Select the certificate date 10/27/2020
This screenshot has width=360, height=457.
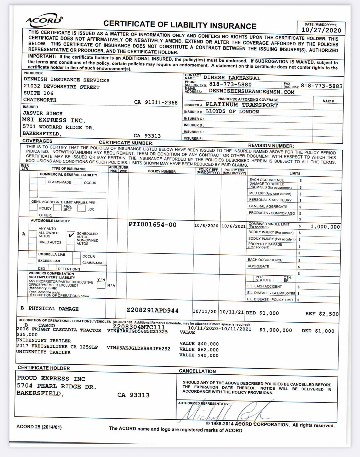(321, 30)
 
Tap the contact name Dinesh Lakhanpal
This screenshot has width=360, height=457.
(232, 78)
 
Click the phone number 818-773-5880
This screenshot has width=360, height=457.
(230, 85)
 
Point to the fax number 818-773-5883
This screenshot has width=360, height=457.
(322, 86)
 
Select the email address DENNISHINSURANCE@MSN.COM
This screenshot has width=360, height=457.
(251, 92)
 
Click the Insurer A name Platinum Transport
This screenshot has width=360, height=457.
(242, 105)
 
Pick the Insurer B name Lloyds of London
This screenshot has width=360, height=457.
(232, 112)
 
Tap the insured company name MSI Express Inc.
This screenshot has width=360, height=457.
(54, 120)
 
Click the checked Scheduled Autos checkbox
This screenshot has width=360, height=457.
(71, 235)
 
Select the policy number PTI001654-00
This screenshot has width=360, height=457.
(152, 225)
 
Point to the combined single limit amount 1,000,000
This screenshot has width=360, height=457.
(325, 227)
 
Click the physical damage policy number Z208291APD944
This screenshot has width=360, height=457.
(153, 311)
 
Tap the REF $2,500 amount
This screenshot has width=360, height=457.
(322, 314)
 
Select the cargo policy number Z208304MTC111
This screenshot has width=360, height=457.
(139, 327)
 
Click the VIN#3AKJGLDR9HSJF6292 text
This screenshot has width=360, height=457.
(139, 348)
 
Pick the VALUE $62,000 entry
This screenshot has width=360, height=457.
(199, 350)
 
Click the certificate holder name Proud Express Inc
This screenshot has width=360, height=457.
(51, 378)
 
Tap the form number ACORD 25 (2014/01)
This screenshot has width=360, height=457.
(39, 427)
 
